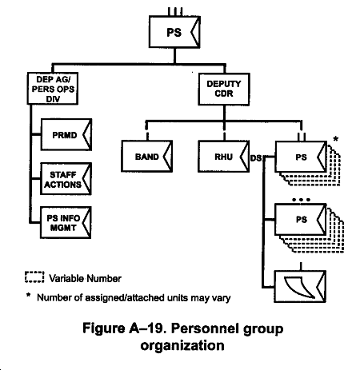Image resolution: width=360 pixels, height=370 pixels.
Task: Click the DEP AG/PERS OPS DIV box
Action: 53,88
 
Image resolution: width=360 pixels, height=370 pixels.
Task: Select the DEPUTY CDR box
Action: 224,89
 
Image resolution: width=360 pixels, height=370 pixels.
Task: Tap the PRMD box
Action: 66,135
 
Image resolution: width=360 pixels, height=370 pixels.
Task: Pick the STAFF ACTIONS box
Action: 66,179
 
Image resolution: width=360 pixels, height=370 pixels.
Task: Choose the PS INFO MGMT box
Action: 66,222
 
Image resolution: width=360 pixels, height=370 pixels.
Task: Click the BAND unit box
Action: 147,156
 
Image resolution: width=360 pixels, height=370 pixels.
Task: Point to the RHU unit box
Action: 224,157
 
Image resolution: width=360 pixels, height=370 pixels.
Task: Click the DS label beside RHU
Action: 256,158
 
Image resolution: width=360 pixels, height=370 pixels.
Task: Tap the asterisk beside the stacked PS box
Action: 336,139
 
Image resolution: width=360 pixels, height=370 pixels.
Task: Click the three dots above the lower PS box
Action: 301,200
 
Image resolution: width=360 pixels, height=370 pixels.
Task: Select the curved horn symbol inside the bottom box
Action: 299,288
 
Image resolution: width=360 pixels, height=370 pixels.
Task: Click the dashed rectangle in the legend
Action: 34,277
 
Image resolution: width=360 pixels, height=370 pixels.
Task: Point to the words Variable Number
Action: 86,279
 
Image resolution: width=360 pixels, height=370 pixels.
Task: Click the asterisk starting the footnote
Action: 28,295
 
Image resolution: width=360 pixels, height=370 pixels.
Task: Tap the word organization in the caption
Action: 182,346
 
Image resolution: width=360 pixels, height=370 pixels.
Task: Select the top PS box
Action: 174,32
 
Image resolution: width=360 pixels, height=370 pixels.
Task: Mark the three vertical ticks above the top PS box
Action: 175,11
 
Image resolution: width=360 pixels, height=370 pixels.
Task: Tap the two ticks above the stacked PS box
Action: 302,137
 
